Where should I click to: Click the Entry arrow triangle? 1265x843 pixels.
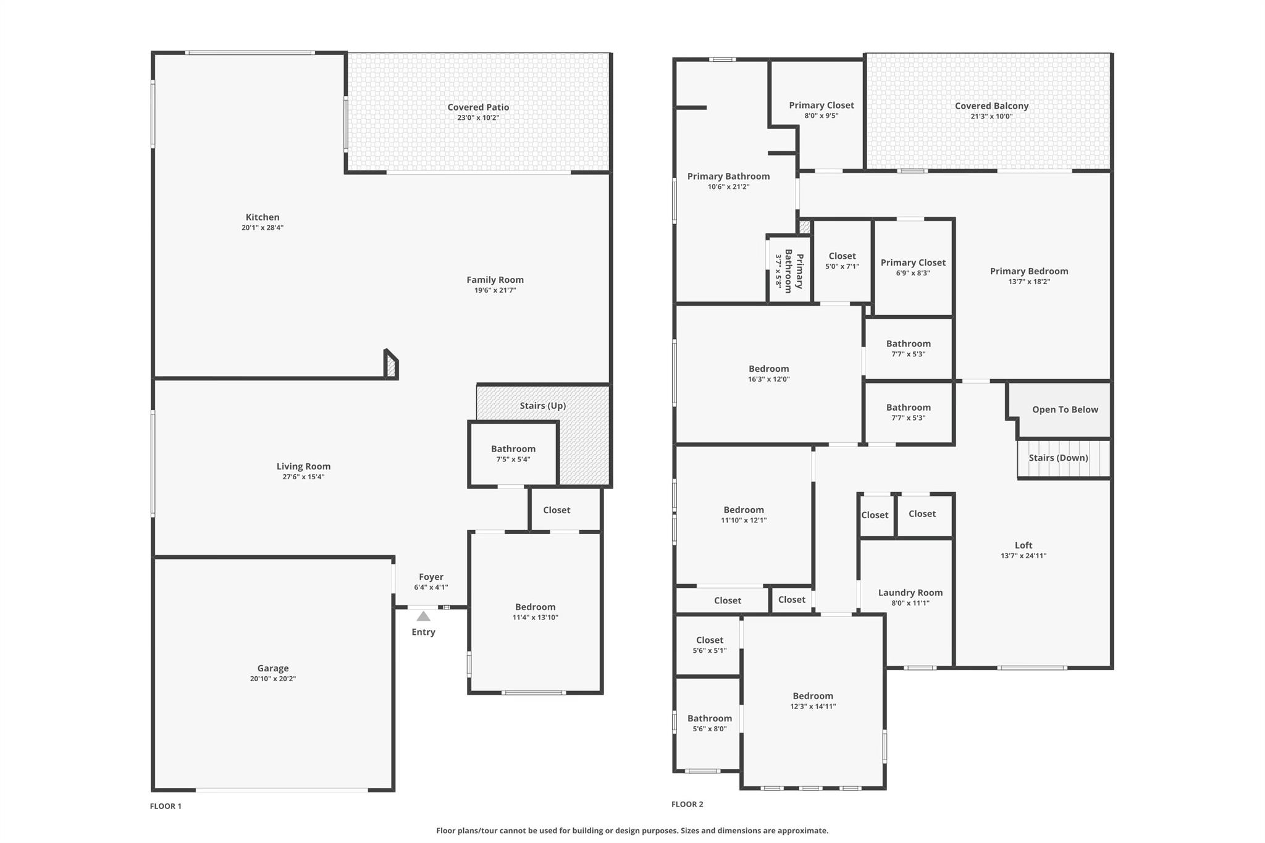[x=423, y=616]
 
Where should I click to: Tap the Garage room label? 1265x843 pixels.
[x=273, y=668]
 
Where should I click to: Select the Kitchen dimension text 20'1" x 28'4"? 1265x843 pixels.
[x=263, y=228]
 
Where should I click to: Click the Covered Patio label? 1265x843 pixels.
[x=478, y=107]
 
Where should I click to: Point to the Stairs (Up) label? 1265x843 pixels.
[x=542, y=406]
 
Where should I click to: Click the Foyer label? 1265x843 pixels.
[x=431, y=577]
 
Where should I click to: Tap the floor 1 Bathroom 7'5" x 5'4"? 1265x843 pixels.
[x=513, y=453]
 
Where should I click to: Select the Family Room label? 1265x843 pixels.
[x=495, y=280]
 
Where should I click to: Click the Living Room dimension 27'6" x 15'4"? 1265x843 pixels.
[x=303, y=477]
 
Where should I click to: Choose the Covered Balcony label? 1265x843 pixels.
[x=991, y=106]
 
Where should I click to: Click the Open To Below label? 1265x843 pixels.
[x=1065, y=409]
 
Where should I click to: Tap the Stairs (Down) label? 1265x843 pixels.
[x=1058, y=458]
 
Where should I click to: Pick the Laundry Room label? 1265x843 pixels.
[x=910, y=593]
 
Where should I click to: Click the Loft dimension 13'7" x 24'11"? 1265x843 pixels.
[x=1023, y=556]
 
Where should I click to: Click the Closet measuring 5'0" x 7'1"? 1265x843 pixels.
[x=842, y=261]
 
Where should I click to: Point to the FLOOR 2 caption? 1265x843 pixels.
[x=687, y=804]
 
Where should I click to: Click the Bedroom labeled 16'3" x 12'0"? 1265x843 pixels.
[x=768, y=374]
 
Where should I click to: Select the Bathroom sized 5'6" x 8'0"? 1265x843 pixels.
[x=709, y=723]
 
